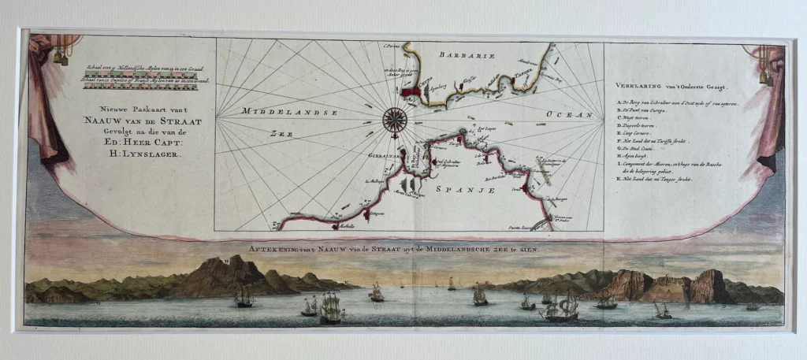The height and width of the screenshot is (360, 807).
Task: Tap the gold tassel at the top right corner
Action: (x=763, y=72)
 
